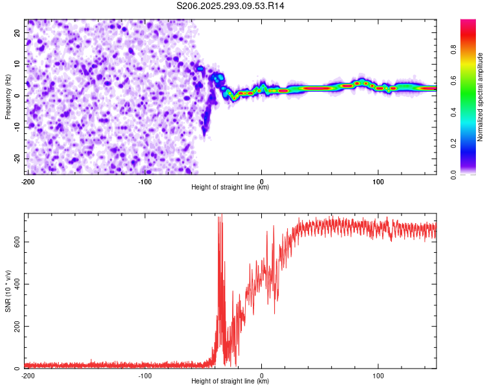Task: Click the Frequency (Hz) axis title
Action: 8,96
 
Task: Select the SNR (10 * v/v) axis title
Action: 8,290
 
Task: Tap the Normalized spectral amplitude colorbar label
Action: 480,97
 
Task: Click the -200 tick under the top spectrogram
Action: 28,181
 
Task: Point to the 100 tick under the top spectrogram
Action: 378,181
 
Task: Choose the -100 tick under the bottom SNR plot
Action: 145,376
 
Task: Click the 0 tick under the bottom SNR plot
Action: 262,376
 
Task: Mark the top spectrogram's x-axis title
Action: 230,188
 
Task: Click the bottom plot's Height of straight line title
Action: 230,382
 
